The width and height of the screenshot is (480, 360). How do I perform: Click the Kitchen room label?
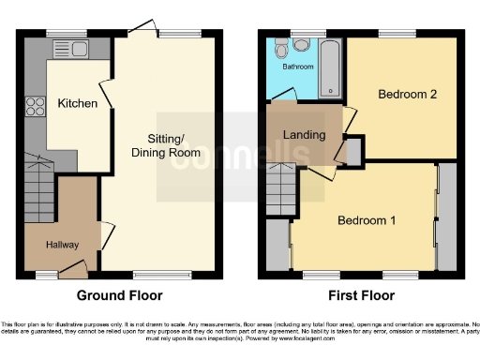point(76,103)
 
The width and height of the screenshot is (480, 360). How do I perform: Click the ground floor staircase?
point(40,187)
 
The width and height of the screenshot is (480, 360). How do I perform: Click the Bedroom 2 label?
point(403,95)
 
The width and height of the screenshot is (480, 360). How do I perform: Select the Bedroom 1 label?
point(367,220)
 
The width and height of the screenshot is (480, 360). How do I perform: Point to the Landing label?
point(305,135)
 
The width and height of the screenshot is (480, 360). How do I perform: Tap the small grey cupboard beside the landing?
point(354,151)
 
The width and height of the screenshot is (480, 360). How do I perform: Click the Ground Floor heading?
point(119,295)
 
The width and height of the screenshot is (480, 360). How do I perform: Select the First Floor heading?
point(360,295)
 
